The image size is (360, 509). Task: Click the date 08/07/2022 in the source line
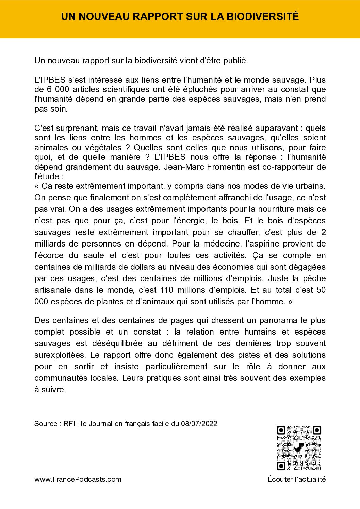pyautogui.click(x=199, y=424)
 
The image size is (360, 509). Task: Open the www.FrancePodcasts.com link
pyautogui.click(x=78, y=479)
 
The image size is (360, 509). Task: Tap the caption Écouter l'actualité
pyautogui.click(x=296, y=479)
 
